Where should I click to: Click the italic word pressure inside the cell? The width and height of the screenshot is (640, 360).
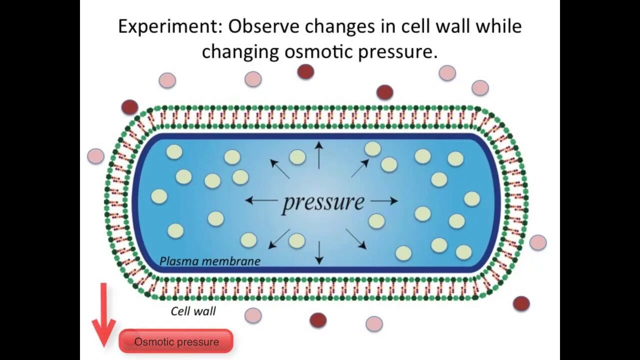323,202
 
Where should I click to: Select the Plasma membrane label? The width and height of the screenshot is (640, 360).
210,261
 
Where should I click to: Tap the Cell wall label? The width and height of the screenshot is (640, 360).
193,311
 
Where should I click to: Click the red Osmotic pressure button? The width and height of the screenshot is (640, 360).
176,342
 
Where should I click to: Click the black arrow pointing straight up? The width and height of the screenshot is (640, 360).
318,154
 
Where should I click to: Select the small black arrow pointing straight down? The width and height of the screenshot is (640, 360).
319,252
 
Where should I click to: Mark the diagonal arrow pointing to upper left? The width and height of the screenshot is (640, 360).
280,168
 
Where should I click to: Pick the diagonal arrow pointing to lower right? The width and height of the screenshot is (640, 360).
356,239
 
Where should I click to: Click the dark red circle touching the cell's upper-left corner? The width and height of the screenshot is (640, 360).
129,107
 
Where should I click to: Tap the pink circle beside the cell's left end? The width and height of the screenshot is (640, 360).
95,156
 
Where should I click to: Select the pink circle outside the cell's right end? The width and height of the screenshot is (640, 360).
538,242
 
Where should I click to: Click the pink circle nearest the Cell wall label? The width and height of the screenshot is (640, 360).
253,315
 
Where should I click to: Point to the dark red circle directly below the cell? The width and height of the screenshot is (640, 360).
318,320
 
